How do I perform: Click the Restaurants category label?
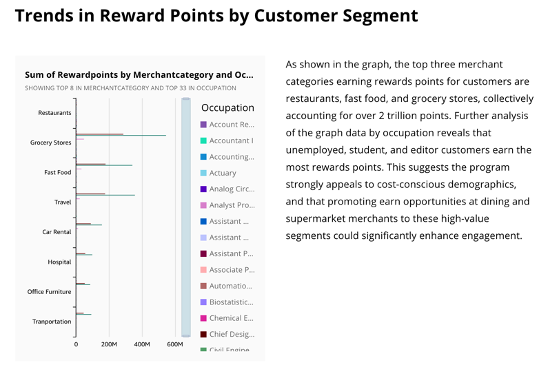point(54,113)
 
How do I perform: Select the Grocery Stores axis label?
point(50,143)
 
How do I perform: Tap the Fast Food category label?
point(57,172)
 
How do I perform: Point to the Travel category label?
point(62,202)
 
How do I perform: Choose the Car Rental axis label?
point(57,232)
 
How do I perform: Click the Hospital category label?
point(59,262)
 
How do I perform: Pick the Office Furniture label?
point(49,291)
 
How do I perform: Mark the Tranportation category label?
point(52,322)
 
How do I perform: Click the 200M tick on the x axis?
point(109,344)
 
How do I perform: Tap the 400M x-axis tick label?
point(142,344)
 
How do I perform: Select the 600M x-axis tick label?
point(175,344)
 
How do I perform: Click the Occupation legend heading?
point(227,108)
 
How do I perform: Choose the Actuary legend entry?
point(223,173)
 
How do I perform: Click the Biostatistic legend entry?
point(232,302)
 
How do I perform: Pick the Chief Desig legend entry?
point(232,334)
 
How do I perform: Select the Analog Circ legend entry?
point(232,189)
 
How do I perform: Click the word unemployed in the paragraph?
point(316,150)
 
